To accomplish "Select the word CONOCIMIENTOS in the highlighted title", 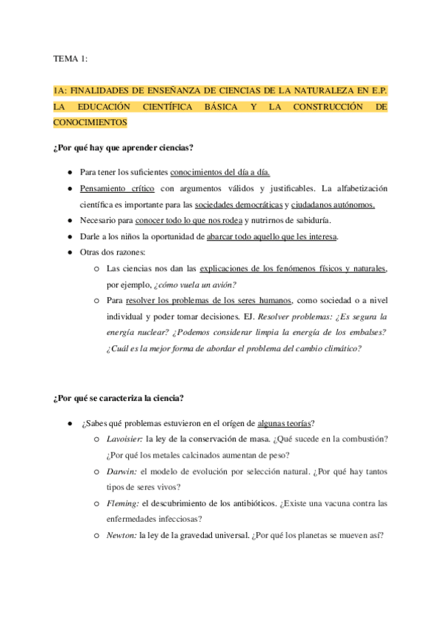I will click(90, 123).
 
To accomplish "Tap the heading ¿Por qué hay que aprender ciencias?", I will click(124, 148).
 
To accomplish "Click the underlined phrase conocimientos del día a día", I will click(220, 172).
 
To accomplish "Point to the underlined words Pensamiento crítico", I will click(112, 188).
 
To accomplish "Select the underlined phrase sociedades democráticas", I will click(239, 205).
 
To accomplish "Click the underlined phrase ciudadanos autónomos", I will click(333, 205).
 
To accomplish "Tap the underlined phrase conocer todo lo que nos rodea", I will click(183, 221).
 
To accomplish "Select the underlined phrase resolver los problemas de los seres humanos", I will click(209, 300).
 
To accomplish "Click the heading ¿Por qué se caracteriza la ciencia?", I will click(119, 398).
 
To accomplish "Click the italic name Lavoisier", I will click(124, 439).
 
